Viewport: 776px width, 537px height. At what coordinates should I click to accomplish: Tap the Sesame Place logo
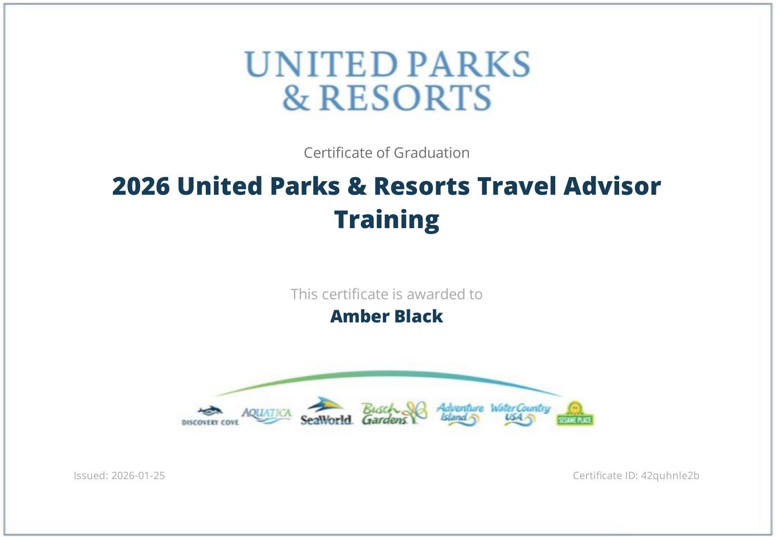[575, 414]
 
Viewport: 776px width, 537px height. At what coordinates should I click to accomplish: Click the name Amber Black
[387, 316]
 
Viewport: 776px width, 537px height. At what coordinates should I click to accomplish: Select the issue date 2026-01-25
[138, 475]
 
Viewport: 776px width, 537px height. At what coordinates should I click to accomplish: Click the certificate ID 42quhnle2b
[670, 475]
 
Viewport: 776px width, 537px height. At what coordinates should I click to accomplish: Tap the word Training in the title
[387, 220]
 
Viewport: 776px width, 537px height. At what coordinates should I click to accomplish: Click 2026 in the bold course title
[141, 186]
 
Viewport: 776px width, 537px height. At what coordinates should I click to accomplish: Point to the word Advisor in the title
[612, 186]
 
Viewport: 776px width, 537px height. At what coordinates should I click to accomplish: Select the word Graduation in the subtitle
[432, 153]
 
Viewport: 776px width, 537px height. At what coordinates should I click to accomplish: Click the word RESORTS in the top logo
[405, 98]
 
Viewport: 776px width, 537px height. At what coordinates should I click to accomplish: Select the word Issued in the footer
[91, 475]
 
